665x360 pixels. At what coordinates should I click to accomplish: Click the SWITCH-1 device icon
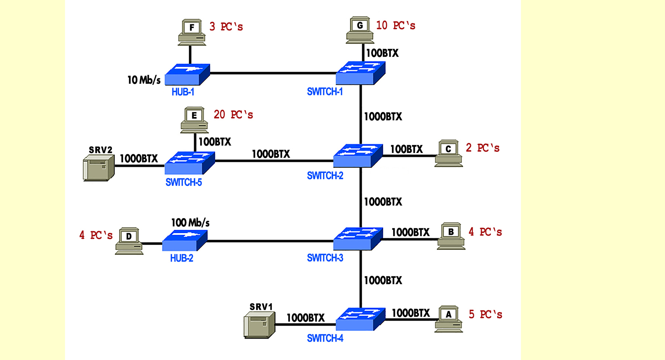pos(361,73)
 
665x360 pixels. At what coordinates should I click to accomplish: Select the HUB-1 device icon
pos(187,75)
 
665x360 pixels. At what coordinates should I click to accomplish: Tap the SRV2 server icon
pos(98,168)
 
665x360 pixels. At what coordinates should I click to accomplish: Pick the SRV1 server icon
pos(259,325)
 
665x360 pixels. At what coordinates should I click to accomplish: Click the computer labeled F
pos(192,33)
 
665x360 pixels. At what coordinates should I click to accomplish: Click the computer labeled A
pos(449,319)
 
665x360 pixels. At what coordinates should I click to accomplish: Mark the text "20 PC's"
pos(233,115)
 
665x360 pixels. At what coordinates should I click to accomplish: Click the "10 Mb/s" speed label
pos(144,80)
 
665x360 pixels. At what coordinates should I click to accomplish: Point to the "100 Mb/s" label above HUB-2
pos(190,223)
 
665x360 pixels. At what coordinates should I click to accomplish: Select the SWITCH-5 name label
pos(184,183)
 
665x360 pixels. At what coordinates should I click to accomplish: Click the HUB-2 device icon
pos(185,241)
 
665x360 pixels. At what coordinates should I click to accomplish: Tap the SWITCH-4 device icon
pos(360,319)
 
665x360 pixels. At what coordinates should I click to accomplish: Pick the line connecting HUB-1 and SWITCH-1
pos(273,73)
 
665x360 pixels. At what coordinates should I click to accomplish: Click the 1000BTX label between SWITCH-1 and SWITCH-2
pos(383,117)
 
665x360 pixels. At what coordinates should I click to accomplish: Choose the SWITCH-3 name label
pos(325,258)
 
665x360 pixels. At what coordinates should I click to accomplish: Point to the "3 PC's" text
pos(226,27)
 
